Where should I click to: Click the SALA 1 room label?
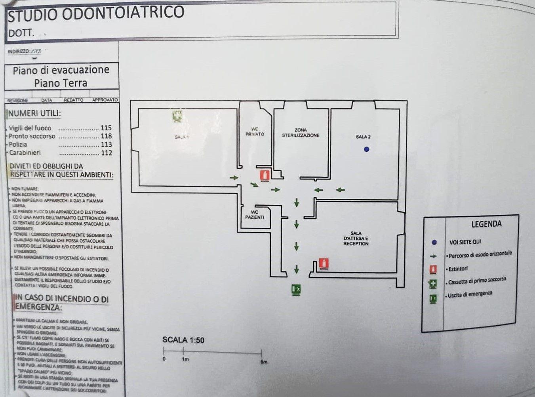(182, 137)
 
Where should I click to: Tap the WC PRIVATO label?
(255, 132)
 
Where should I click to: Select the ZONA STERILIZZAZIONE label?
(301, 133)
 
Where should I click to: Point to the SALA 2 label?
(363, 137)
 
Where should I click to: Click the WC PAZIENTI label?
(255, 215)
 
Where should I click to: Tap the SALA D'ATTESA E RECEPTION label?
(356, 239)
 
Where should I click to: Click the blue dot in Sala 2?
(366, 149)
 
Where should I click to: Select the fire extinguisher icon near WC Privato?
(265, 175)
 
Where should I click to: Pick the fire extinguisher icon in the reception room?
(324, 263)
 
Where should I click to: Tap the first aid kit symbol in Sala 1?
(177, 116)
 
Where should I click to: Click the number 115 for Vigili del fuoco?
(106, 128)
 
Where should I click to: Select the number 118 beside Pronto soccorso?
(106, 136)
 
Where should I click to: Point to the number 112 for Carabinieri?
(107, 153)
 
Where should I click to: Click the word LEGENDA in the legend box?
(486, 224)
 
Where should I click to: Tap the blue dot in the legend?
(434, 242)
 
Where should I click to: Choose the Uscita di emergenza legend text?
(470, 294)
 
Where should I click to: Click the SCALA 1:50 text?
(183, 340)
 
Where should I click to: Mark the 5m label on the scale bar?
(264, 362)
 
